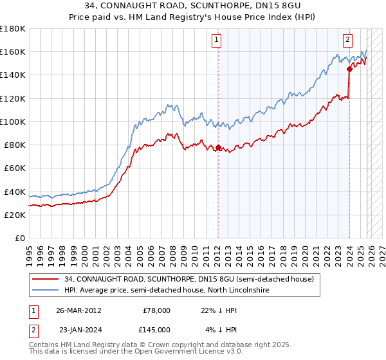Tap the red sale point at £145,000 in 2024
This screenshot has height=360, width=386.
click(349, 69)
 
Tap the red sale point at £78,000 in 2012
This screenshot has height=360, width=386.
click(217, 147)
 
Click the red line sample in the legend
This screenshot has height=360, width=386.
click(46, 280)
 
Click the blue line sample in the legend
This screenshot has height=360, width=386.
click(46, 291)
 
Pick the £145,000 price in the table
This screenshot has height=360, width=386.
click(157, 330)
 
